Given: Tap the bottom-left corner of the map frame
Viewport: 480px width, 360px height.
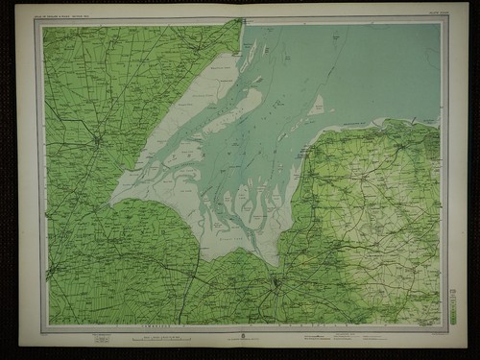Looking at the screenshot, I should tap(46, 324).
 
